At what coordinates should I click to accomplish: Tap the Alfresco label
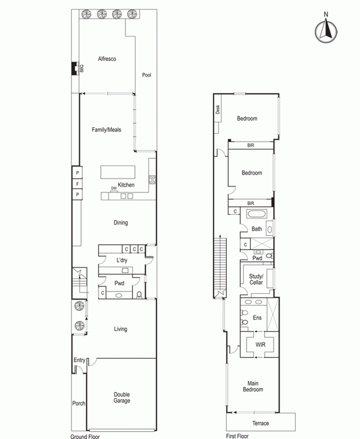[107, 59]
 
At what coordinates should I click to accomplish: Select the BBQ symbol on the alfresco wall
[75, 68]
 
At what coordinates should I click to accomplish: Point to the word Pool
[146, 75]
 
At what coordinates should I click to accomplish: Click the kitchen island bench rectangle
[118, 172]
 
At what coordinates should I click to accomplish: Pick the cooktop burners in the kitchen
[152, 179]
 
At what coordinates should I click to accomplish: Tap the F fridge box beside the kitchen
[77, 184]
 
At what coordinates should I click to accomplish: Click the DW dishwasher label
[114, 188]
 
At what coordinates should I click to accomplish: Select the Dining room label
[121, 222]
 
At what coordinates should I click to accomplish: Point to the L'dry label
[122, 260]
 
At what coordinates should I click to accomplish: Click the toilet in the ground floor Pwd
[139, 294]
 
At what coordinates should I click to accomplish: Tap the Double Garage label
[122, 398]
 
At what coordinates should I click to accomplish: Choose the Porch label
[79, 404]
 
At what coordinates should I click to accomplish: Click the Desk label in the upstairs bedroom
[218, 109]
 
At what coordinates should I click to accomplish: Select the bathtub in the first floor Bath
[256, 214]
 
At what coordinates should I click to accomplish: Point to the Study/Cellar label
[256, 279]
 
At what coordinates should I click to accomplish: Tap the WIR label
[260, 345]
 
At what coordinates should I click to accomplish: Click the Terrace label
[260, 423]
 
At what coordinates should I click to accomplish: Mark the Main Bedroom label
[253, 386]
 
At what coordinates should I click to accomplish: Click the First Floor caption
[237, 436]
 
